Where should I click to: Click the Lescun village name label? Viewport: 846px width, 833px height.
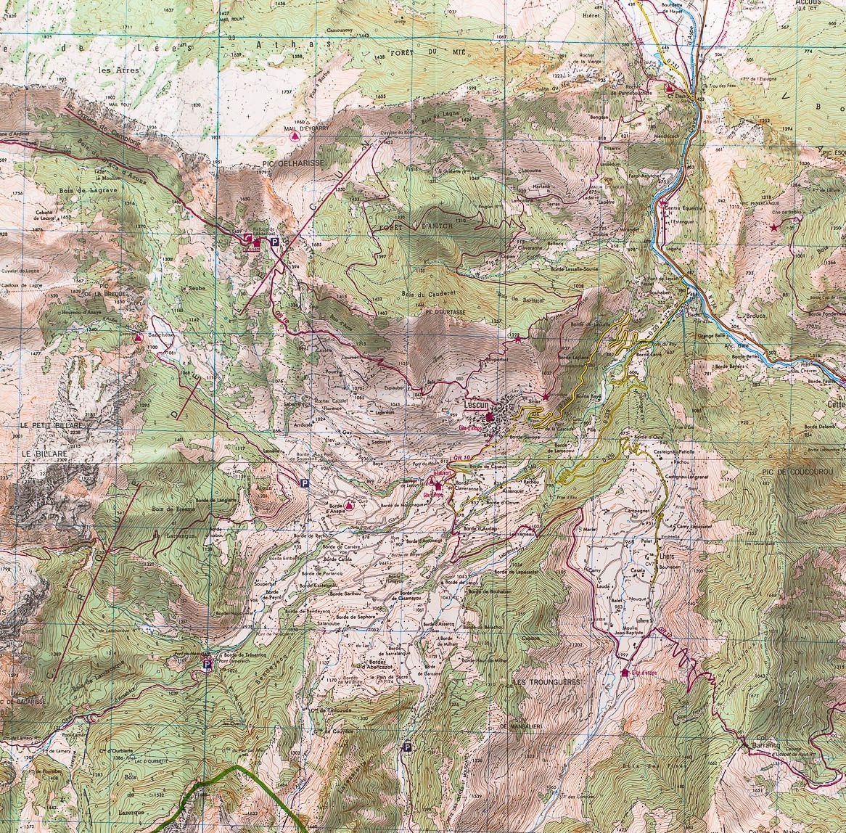tap(477, 407)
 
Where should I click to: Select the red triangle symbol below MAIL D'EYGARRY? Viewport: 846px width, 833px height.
tap(294, 136)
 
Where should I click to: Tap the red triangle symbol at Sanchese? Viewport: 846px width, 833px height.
tap(138, 337)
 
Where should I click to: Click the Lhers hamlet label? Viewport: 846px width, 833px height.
tap(648, 556)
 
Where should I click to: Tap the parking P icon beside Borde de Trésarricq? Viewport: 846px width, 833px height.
tap(207, 663)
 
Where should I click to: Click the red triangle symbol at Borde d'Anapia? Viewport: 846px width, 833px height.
tap(350, 504)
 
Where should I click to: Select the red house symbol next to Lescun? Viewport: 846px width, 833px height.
tap(490, 416)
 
